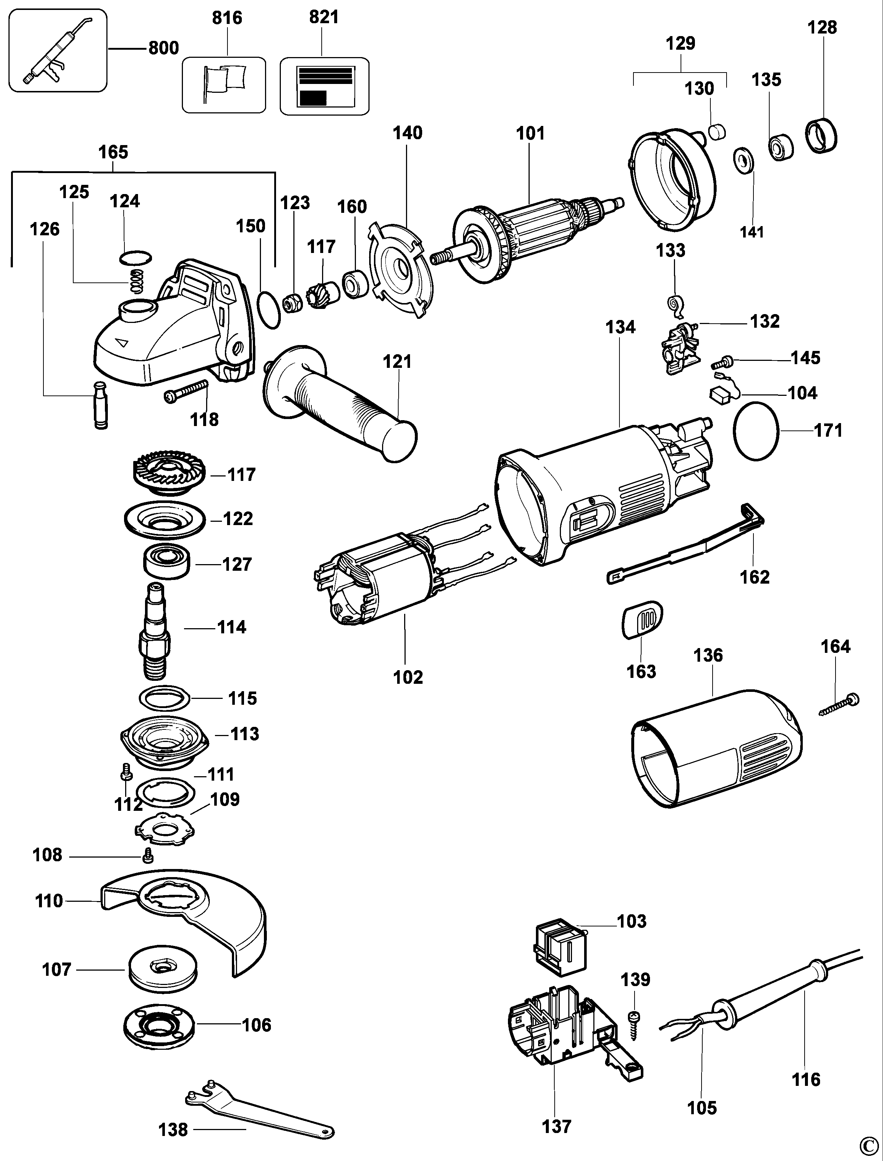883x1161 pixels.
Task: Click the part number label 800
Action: click(163, 48)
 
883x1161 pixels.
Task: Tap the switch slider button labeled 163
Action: click(642, 620)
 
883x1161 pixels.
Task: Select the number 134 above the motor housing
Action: click(620, 327)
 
